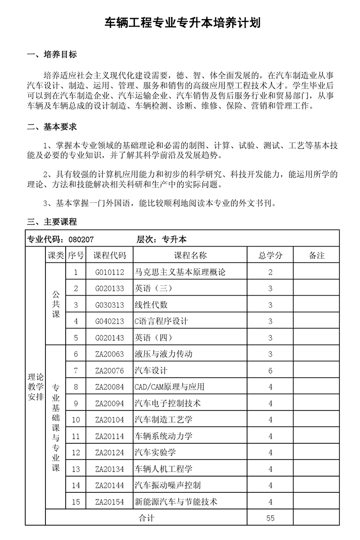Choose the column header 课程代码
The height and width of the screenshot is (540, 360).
point(109,256)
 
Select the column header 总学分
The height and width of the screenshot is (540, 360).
point(270,256)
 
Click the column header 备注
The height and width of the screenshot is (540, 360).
point(317,256)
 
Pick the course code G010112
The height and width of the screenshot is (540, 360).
point(109,272)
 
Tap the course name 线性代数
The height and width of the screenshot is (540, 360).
point(151,305)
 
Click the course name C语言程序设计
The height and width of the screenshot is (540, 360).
point(161,321)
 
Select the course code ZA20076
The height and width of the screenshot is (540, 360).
point(109,371)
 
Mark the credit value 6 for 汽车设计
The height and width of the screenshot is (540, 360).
point(270,371)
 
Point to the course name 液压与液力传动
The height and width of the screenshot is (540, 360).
point(163,354)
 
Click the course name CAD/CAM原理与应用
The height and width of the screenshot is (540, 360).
point(170,387)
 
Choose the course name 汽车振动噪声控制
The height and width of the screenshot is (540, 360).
point(167,485)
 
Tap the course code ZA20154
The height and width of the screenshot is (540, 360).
point(109,502)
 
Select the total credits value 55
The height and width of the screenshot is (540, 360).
point(270,518)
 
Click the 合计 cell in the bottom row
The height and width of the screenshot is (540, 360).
point(146,518)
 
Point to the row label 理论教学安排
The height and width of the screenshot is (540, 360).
point(36,387)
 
